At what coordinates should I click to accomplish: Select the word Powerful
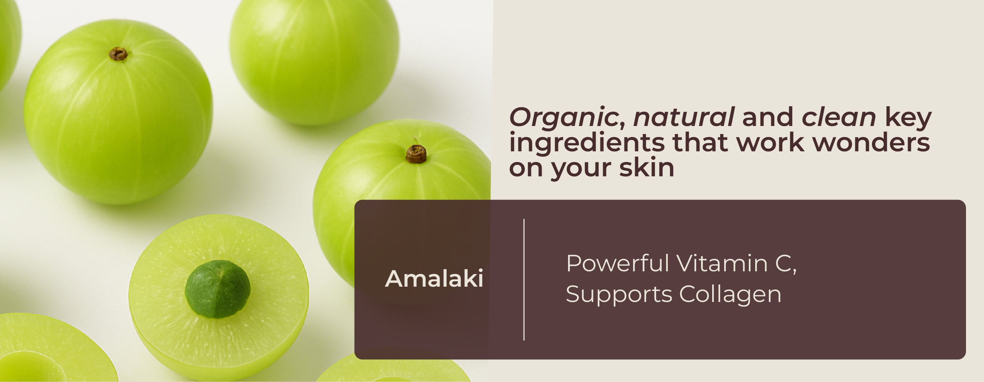(617, 263)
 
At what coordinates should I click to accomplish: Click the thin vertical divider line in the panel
(524, 279)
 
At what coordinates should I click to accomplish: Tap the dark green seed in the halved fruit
(218, 289)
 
